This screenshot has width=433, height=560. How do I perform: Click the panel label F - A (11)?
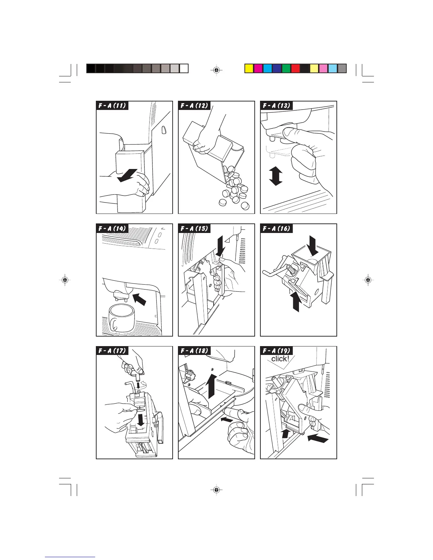(112, 105)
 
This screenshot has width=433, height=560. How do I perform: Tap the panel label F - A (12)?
(194, 105)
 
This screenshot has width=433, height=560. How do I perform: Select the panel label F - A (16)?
(276, 228)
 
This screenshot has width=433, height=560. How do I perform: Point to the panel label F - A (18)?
(194, 351)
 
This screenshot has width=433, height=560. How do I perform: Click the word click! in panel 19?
(280, 359)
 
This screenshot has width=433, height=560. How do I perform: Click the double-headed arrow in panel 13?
(276, 176)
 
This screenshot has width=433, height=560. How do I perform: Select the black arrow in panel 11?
(127, 175)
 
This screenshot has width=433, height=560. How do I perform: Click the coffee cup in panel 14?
(121, 317)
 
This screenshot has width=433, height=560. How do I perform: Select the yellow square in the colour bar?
(249, 68)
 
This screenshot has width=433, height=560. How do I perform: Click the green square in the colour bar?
(286, 68)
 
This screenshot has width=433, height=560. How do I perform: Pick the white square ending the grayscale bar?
(184, 68)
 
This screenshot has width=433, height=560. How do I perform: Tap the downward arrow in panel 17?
(141, 419)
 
